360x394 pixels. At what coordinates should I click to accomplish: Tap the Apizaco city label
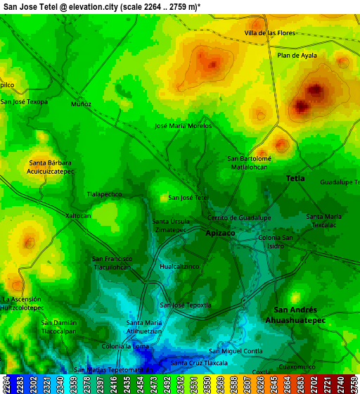click(x=220, y=232)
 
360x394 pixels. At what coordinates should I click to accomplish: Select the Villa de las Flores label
click(x=269, y=33)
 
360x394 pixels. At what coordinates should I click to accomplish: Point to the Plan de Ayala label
click(x=297, y=56)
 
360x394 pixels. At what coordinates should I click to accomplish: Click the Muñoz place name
click(x=81, y=104)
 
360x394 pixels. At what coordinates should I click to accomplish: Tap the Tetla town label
click(x=295, y=179)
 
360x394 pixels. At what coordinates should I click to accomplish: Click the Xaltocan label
click(x=78, y=215)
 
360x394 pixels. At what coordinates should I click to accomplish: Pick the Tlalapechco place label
click(x=104, y=193)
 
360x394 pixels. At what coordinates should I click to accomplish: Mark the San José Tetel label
click(x=188, y=198)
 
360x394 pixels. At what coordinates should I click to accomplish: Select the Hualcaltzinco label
click(x=180, y=267)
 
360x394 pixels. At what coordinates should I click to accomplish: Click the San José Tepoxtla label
click(x=186, y=305)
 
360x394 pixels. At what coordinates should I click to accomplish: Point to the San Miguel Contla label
click(x=236, y=351)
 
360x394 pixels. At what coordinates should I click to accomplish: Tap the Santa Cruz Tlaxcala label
click(x=199, y=363)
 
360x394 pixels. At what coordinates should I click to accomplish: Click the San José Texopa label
click(x=25, y=102)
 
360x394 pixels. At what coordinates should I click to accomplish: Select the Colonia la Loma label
click(x=125, y=346)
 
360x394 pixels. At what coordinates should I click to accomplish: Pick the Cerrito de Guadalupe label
click(x=239, y=218)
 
